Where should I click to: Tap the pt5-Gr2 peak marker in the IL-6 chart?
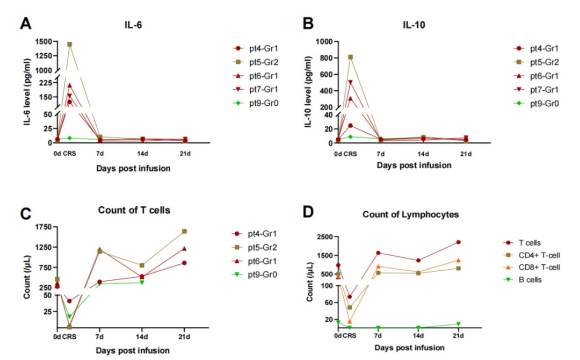pos(69,44)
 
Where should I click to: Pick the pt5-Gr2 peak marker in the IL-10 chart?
pos(350,57)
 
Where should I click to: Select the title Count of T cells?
pos(134,210)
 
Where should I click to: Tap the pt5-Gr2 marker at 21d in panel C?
pos(184,231)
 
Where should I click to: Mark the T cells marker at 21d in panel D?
pos(458,242)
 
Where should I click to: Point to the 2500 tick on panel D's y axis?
pos(322,236)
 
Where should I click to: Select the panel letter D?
pos(308,212)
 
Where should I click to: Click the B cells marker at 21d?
pos(458,324)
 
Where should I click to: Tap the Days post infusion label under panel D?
pos(411,348)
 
